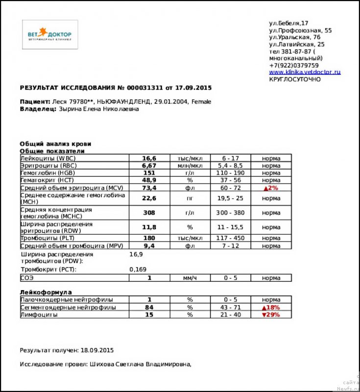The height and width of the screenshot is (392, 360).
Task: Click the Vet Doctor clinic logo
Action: [x=50, y=34]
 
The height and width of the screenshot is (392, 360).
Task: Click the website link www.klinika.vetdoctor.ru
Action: [x=304, y=72]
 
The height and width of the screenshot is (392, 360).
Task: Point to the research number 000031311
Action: [x=144, y=88]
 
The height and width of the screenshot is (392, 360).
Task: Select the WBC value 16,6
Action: [x=149, y=158]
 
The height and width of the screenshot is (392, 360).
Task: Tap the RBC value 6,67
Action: [x=149, y=166]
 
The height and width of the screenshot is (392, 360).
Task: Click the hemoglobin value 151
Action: [x=149, y=173]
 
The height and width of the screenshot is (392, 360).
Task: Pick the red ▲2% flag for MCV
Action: [x=271, y=188]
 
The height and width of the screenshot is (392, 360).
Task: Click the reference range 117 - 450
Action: [x=230, y=238]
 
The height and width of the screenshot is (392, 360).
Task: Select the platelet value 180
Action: [x=149, y=238]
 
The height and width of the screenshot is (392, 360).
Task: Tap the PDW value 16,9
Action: [x=136, y=254]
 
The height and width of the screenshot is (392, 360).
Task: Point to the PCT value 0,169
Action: [x=138, y=269]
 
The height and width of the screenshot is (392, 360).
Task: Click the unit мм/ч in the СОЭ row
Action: [x=189, y=278]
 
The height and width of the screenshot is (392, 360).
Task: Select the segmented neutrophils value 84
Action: [x=149, y=307]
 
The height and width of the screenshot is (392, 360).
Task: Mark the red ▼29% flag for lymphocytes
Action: [x=271, y=315]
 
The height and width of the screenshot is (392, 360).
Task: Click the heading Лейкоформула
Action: [x=46, y=292]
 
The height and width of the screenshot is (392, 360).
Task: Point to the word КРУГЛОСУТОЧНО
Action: [x=295, y=79]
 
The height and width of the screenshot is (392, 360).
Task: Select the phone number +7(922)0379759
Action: [x=294, y=65]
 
